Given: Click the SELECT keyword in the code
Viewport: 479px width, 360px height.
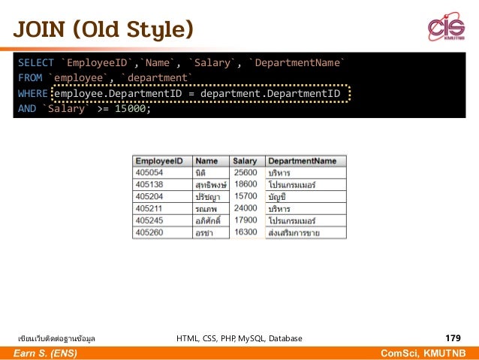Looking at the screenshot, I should tap(35, 62).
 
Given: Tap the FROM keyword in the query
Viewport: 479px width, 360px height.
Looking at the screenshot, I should tap(30, 78).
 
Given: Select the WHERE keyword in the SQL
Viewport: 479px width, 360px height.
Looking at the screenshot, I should tap(32, 93).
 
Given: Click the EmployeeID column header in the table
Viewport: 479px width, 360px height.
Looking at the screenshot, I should tap(159, 161).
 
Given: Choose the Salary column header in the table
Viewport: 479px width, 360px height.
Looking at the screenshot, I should tap(245, 161).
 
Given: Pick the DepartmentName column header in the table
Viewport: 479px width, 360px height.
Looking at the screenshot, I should tap(302, 161).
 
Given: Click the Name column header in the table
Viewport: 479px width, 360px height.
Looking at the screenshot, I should tap(206, 161).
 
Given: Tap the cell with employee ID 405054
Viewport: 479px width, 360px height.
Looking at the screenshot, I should tap(149, 172).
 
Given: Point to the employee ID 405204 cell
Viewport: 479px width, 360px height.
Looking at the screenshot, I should tap(149, 196).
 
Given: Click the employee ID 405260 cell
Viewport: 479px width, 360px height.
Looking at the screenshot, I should tap(149, 232).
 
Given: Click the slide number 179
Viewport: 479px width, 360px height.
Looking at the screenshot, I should tap(453, 338).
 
